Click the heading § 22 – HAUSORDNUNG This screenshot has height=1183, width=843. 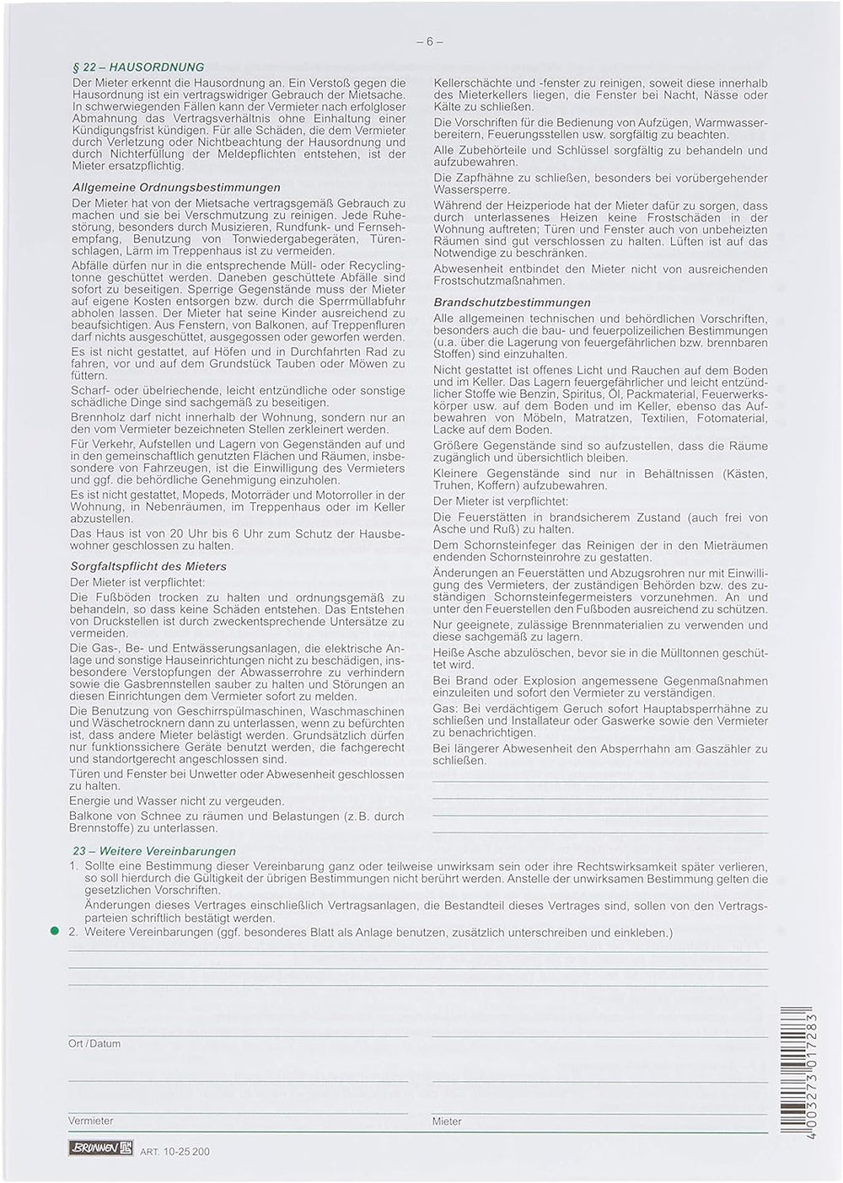(138, 67)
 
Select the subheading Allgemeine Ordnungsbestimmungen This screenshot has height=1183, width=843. (176, 187)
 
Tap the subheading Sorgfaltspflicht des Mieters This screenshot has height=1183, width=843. (148, 566)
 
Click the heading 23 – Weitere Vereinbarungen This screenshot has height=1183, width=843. (154, 851)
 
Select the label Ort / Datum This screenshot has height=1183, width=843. (94, 1043)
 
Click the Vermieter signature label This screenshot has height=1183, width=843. (90, 1121)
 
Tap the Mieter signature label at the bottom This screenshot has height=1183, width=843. (447, 1121)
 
